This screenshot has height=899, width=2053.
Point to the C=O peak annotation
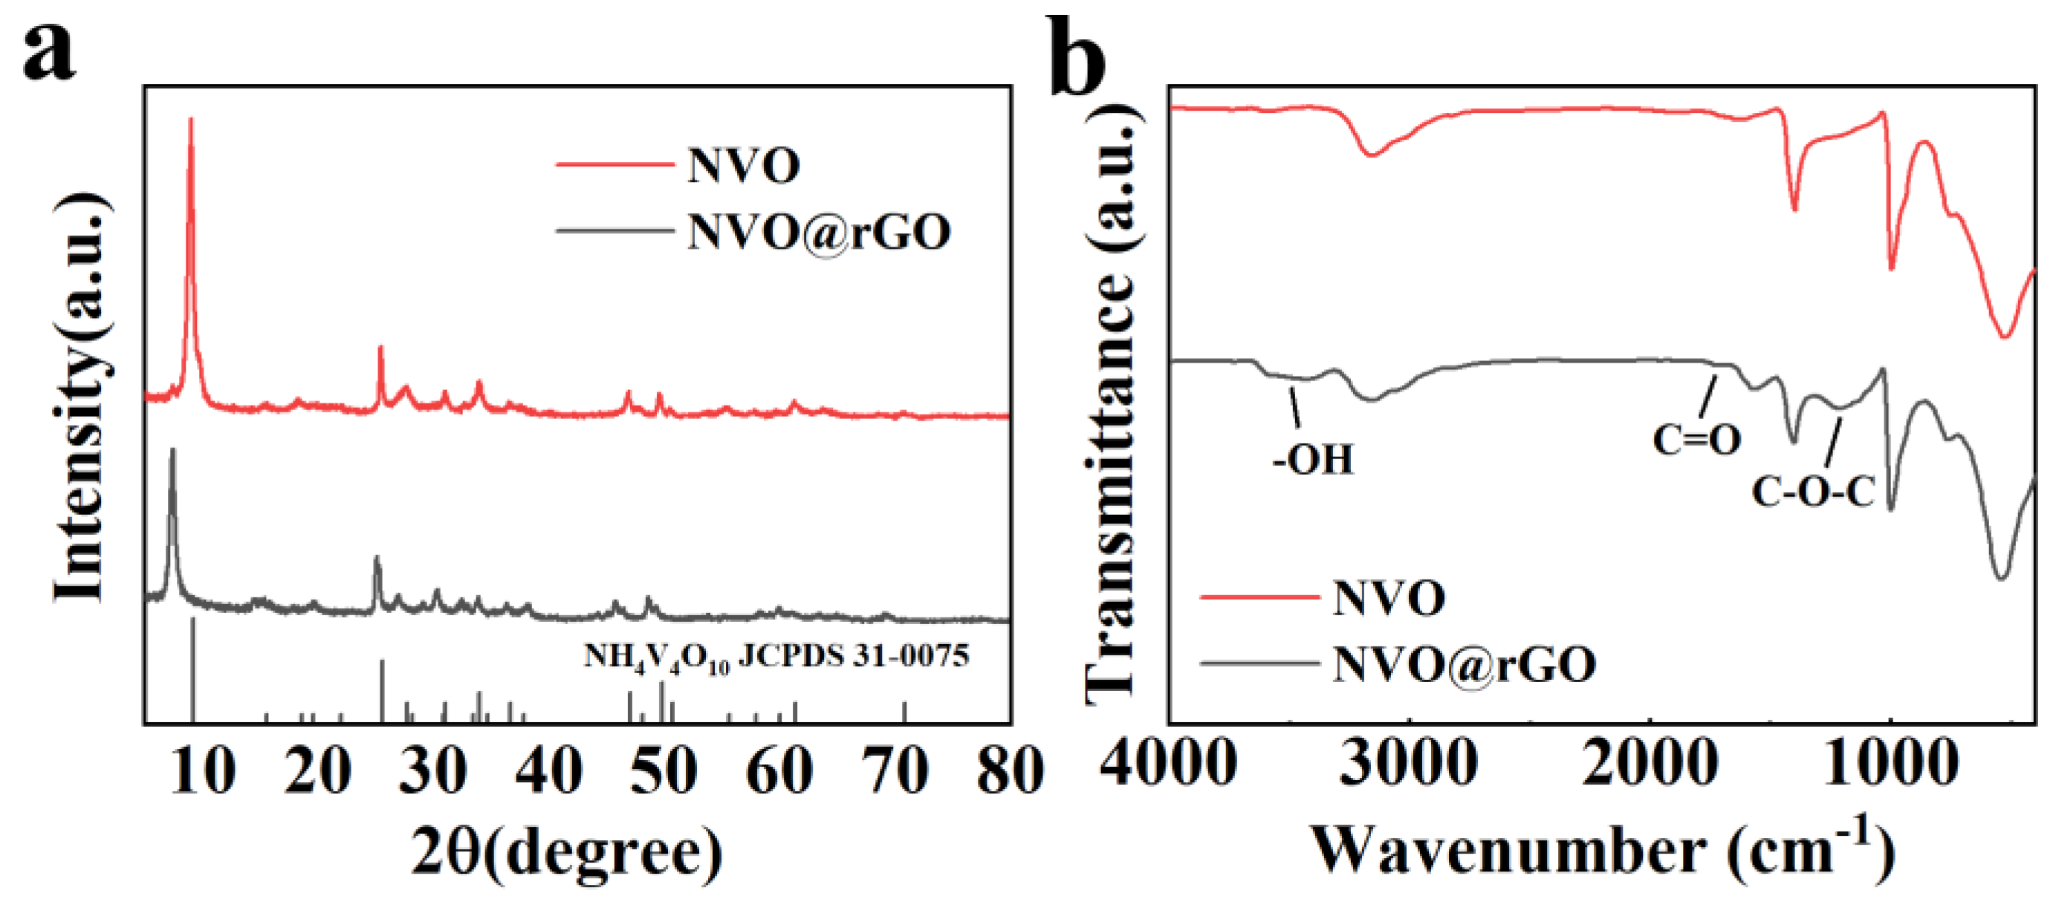[x=1696, y=439]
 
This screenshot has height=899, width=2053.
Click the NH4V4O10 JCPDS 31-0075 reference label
[x=776, y=657]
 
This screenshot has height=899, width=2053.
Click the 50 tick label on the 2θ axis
[x=663, y=770]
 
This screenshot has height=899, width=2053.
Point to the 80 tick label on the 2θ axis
[x=1010, y=770]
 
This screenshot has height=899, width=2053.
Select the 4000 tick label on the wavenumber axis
[x=1168, y=763]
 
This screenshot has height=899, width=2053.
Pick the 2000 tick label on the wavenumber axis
[x=1649, y=763]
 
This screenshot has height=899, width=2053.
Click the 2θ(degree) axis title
[x=567, y=852]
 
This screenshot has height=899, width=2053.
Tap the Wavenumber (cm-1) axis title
[x=1602, y=851]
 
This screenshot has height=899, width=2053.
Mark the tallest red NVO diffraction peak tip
[x=190, y=119]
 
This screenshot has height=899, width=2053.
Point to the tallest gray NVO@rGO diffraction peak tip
[x=172, y=450]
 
